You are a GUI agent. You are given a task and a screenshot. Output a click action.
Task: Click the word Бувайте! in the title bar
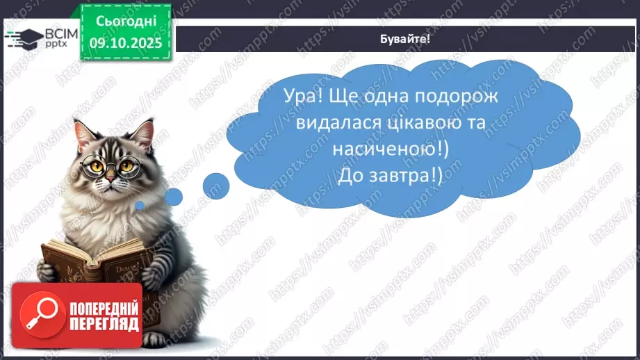406,39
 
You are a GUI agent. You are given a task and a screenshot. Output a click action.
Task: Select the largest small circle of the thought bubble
216,186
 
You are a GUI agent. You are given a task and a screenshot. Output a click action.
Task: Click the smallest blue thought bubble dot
140,205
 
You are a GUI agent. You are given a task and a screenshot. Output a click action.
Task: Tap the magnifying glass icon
39,314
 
